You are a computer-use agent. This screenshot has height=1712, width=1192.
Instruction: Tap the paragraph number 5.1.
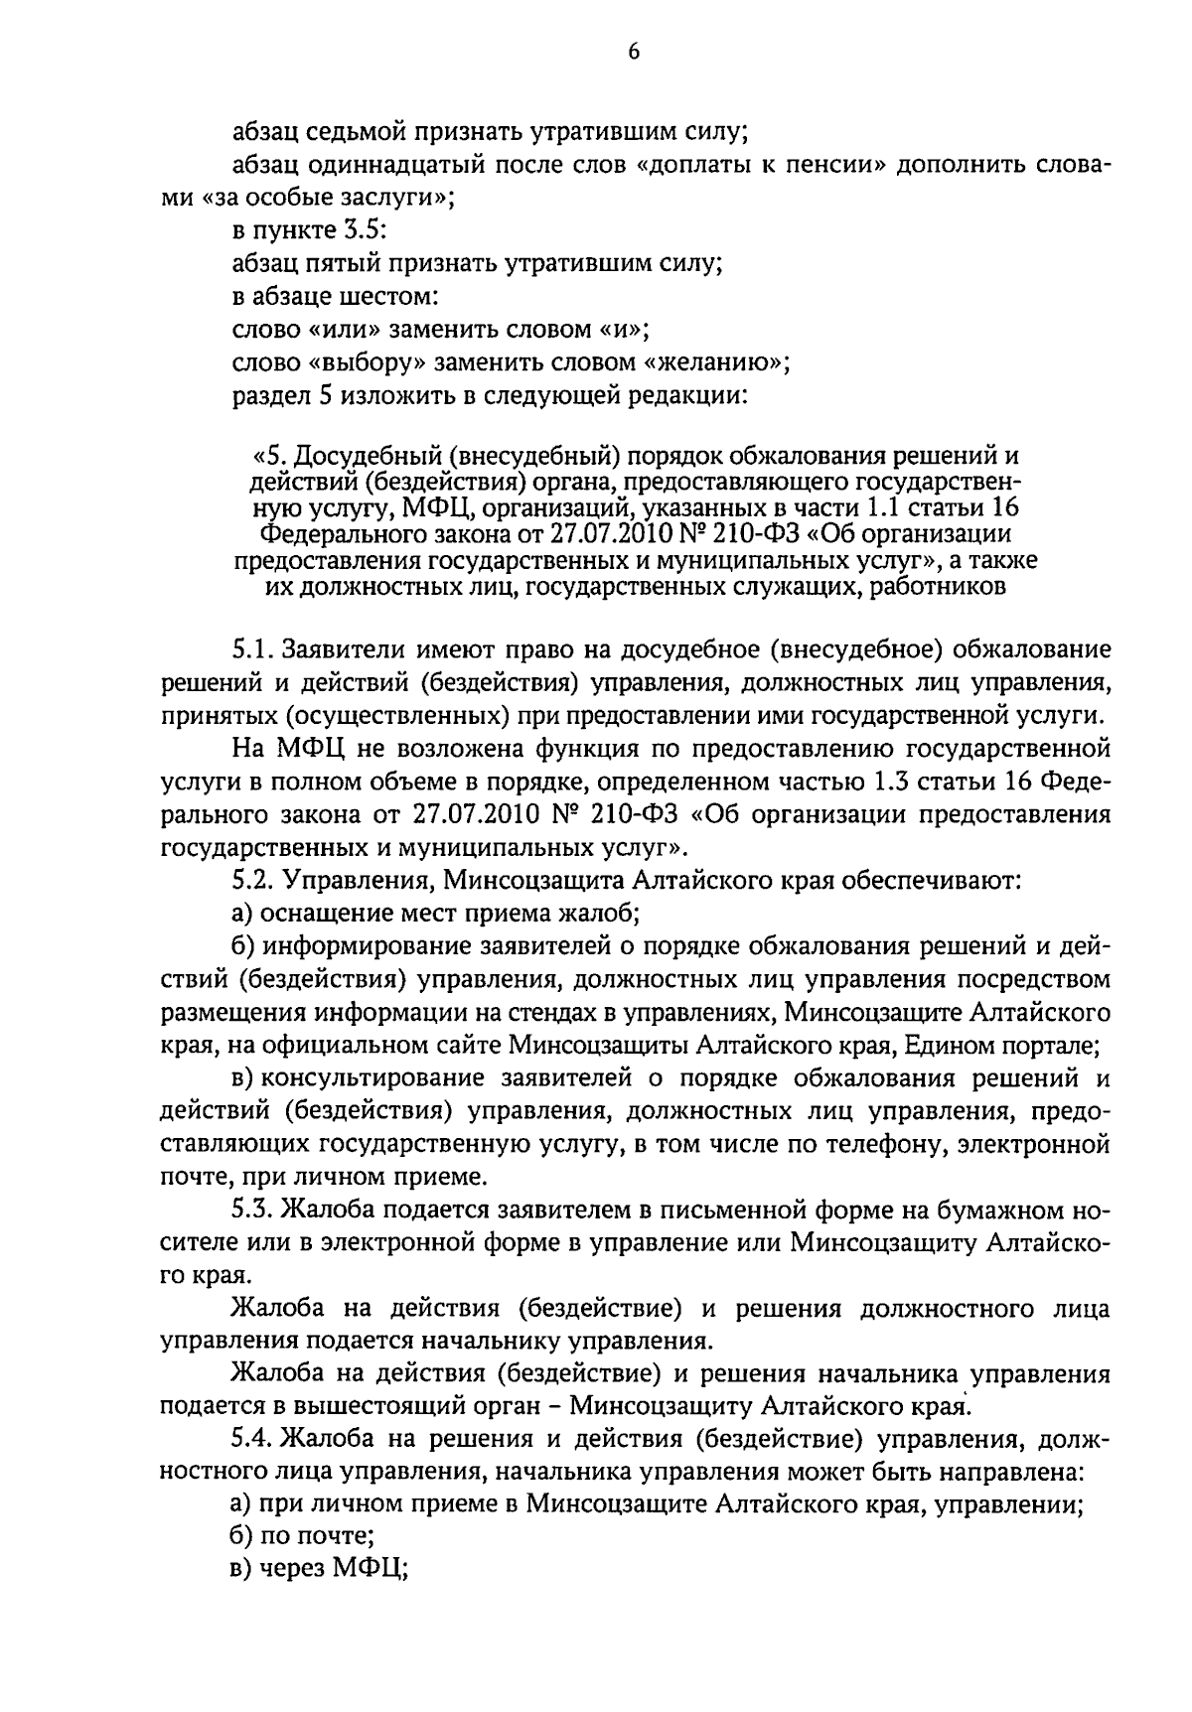pyautogui.click(x=252, y=650)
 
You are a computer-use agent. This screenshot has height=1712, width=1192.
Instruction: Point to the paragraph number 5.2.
pyautogui.click(x=252, y=880)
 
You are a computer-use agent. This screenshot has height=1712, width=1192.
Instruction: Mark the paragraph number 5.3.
pyautogui.click(x=252, y=1210)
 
